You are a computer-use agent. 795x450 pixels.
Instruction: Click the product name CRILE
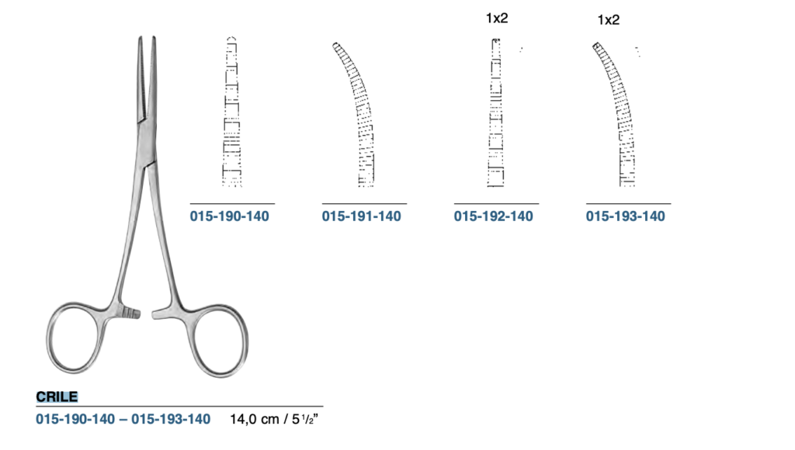point(57,396)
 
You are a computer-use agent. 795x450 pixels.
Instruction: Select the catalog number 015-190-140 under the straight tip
point(229,216)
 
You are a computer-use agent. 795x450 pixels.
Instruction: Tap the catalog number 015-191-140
point(361,216)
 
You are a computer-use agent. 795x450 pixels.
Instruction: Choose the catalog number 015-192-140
point(493,216)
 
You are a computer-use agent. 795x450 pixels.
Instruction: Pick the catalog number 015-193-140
point(625,216)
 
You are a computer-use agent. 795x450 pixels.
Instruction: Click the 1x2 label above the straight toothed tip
point(497,19)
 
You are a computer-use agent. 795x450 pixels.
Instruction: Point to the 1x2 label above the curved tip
point(609,19)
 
